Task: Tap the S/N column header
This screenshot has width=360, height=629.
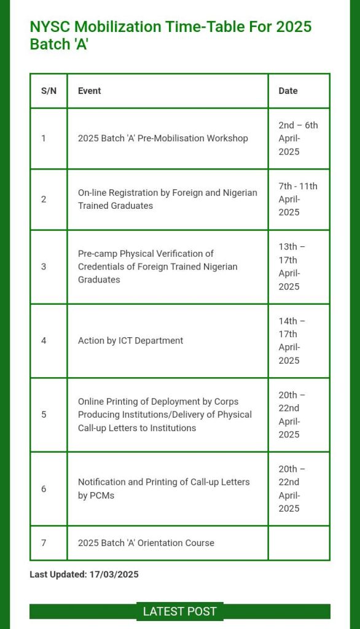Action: coord(49,91)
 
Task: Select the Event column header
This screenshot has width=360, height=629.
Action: coord(89,91)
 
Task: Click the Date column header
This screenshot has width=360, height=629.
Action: coord(288,91)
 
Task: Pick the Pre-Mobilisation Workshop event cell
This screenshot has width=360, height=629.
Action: coord(163,138)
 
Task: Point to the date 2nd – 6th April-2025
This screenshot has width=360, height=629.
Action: coord(298,138)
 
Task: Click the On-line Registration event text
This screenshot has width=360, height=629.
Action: coord(167,199)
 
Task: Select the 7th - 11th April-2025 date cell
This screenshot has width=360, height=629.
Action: coord(298,199)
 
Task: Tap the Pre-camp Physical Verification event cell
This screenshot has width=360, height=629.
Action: coord(157,267)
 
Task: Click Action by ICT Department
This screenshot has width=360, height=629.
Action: coord(130,340)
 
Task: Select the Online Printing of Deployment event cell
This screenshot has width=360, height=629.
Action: coord(165,415)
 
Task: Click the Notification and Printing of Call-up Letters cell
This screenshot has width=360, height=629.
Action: coord(163,488)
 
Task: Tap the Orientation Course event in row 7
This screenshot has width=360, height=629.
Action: coord(146,543)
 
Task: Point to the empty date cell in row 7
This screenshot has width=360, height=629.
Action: coord(299,543)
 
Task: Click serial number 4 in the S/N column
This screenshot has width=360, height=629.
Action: coord(44,340)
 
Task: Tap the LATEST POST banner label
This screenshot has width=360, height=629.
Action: coord(179,611)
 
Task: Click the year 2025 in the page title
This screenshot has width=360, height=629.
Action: coord(294,27)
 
